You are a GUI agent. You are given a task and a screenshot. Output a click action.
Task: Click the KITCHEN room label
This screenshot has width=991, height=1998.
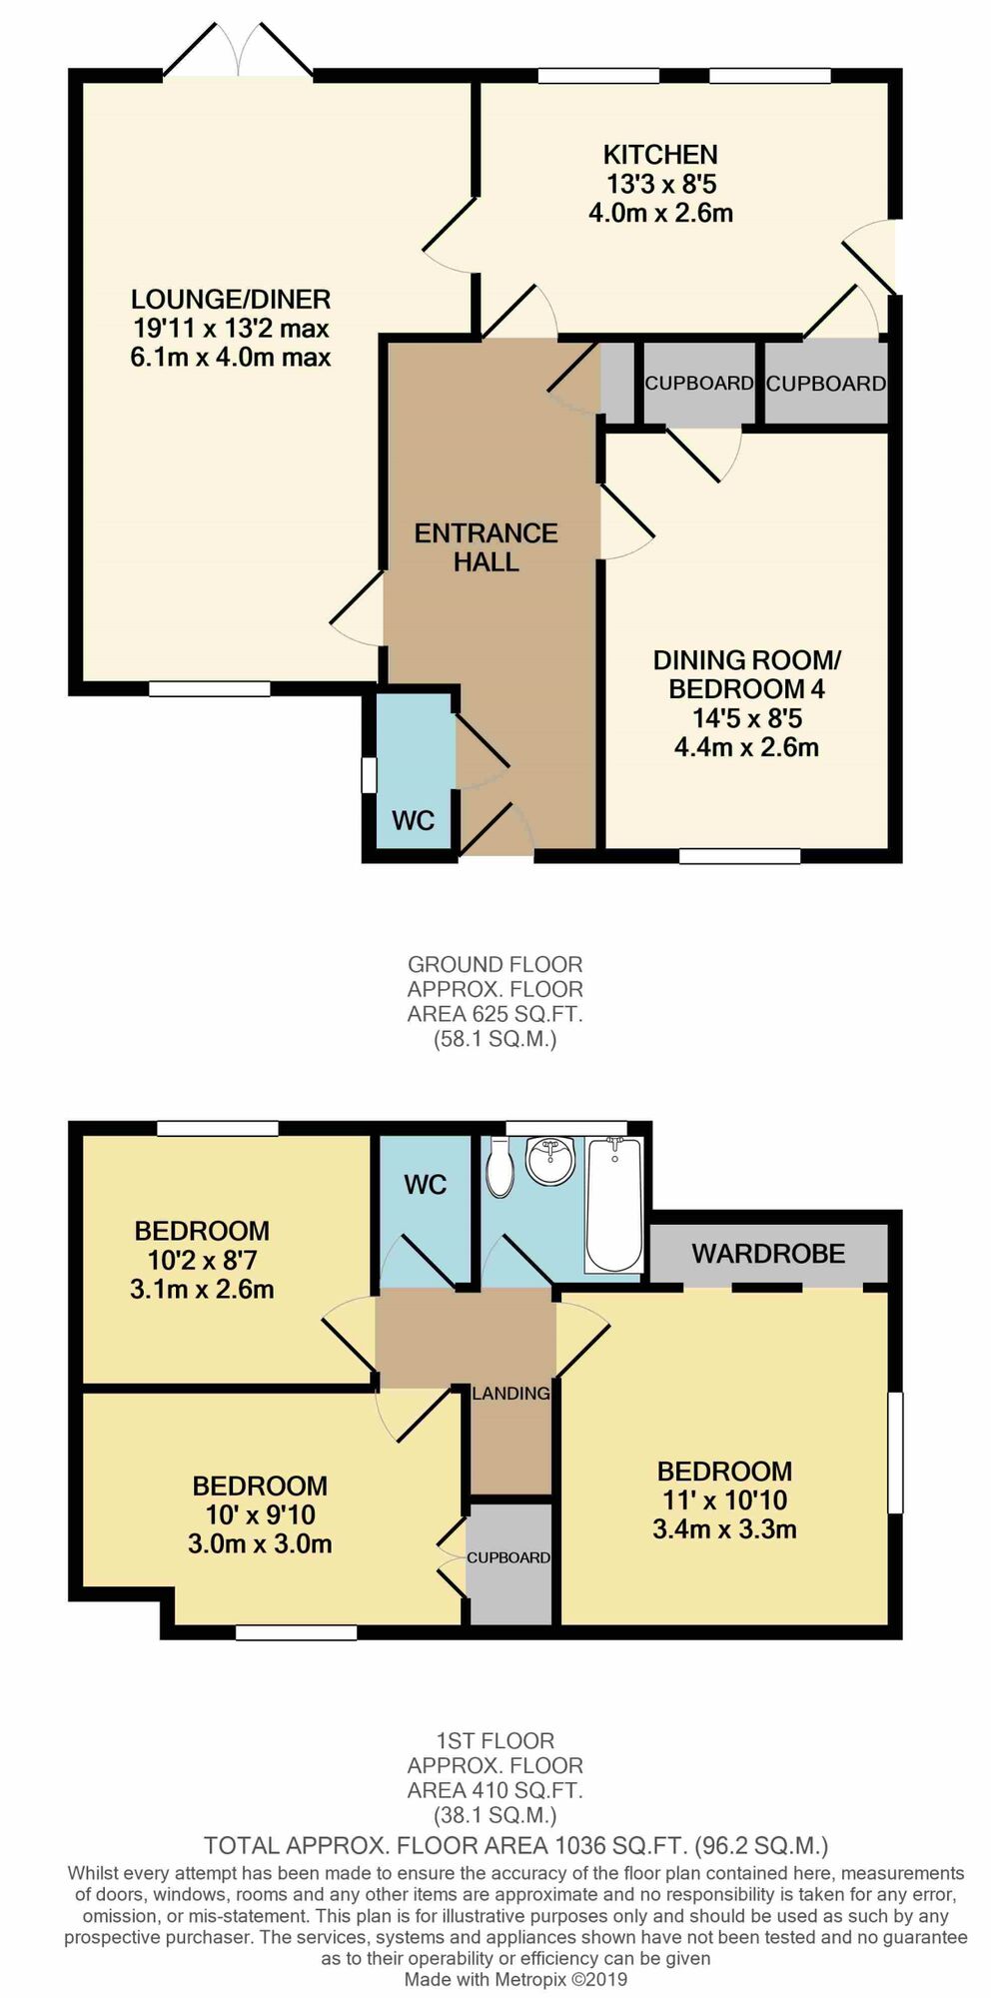(660, 155)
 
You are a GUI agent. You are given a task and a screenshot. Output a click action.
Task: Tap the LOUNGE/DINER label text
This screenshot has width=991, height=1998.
(231, 299)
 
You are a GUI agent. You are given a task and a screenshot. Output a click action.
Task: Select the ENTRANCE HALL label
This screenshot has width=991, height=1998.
(487, 547)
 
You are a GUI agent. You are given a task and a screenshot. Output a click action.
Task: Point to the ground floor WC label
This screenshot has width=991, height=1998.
(413, 820)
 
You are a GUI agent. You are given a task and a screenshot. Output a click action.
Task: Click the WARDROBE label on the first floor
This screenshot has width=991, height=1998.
(768, 1254)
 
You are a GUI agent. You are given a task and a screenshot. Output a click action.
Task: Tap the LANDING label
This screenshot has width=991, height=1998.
(510, 1393)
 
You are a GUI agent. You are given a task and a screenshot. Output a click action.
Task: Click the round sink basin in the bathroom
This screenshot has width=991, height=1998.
(550, 1161)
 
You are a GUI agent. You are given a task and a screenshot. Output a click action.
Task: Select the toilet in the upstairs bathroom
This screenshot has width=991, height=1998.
(498, 1168)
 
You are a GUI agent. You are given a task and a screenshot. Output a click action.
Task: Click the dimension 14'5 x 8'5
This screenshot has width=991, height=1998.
(747, 718)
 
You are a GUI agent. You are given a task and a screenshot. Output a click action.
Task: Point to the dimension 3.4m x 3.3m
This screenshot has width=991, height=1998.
(724, 1528)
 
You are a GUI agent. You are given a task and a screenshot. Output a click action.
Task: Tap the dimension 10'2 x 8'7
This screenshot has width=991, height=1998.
(202, 1260)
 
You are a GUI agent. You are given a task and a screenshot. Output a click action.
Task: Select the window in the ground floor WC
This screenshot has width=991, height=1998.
(369, 775)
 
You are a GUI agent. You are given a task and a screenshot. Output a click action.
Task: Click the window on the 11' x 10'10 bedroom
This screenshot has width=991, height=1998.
(896, 1452)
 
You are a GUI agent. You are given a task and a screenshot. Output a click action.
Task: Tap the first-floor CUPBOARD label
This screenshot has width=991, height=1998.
(508, 1557)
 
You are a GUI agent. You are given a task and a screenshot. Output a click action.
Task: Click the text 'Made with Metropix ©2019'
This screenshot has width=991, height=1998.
(515, 1979)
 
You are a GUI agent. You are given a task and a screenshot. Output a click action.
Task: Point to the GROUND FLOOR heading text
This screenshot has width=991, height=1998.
(495, 965)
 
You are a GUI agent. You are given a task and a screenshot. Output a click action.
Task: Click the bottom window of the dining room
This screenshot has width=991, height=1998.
(740, 856)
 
